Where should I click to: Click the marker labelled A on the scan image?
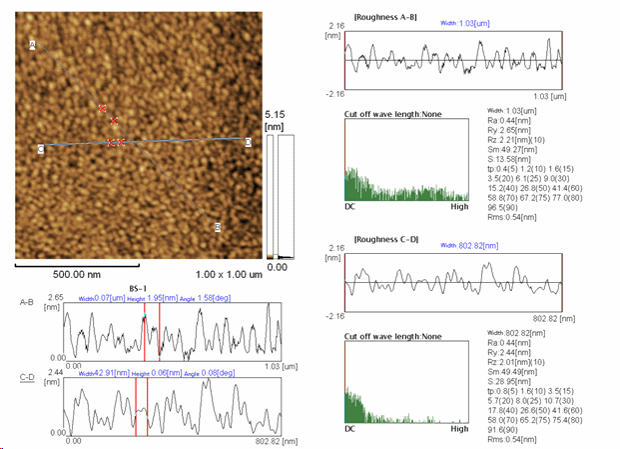pyautogui.click(x=33, y=45)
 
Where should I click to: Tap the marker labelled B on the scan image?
pyautogui.click(x=218, y=227)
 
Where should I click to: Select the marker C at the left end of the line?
pyautogui.click(x=41, y=149)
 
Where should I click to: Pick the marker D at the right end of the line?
pyautogui.click(x=249, y=142)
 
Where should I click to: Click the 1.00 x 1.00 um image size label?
pyautogui.click(x=228, y=273)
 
